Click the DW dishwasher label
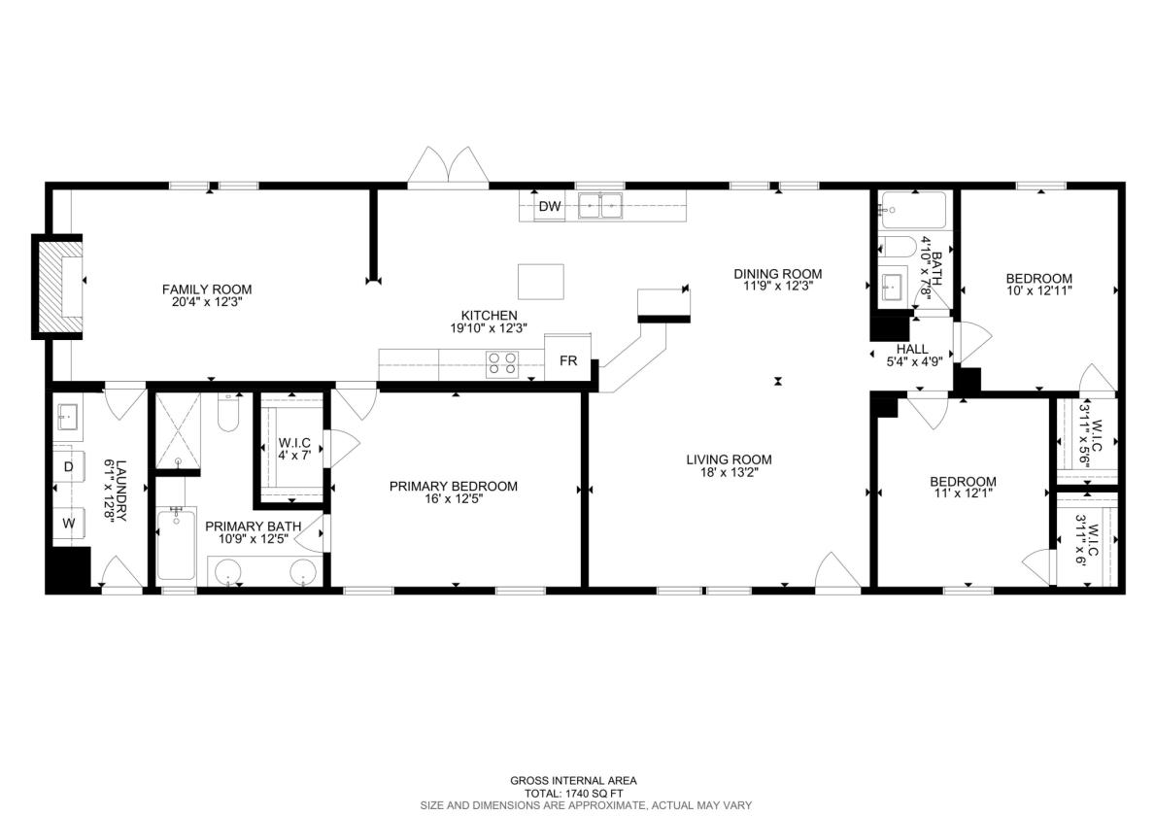(550, 207)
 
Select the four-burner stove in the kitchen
(502, 364)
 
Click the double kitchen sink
(600, 206)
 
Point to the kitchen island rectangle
(541, 282)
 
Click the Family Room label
(207, 289)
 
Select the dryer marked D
(69, 467)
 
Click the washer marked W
(69, 524)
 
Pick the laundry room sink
(69, 418)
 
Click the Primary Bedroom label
(453, 486)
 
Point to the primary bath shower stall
(178, 430)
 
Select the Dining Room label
(777, 274)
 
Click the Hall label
(912, 349)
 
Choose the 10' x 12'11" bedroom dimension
(1038, 290)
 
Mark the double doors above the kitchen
(448, 165)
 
